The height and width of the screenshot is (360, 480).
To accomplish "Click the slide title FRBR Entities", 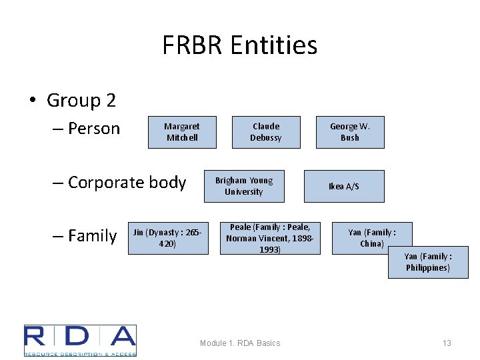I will pyautogui.click(x=240, y=45).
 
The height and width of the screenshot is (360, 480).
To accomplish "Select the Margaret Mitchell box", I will pyautogui.click(x=181, y=132).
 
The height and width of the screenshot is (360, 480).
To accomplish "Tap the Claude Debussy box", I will pyautogui.click(x=266, y=132).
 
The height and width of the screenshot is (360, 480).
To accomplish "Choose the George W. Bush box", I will pyautogui.click(x=350, y=132).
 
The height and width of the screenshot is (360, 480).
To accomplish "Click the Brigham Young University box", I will pyautogui.click(x=244, y=186).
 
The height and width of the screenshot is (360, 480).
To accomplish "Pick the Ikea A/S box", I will pyautogui.click(x=344, y=186).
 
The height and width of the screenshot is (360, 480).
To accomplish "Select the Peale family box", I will pyautogui.click(x=269, y=238).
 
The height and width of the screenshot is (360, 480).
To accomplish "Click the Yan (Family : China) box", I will pyautogui.click(x=372, y=238).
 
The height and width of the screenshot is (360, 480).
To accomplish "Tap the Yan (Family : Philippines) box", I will pyautogui.click(x=428, y=262).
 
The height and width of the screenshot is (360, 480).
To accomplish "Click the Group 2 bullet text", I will pyautogui.click(x=81, y=101).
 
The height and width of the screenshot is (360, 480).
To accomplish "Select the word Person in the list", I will pyautogui.click(x=95, y=128).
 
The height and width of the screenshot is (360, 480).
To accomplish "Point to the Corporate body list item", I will pyautogui.click(x=127, y=182).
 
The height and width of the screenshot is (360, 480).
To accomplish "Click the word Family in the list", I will pyautogui.click(x=92, y=235).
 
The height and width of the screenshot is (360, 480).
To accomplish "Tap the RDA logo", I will pyautogui.click(x=80, y=340).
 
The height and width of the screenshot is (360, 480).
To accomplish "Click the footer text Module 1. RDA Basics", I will pyautogui.click(x=240, y=343).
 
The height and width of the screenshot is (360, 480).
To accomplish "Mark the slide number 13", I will pyautogui.click(x=447, y=343).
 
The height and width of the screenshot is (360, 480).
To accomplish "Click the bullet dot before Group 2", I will pyautogui.click(x=32, y=101).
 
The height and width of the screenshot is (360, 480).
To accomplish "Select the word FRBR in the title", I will pyautogui.click(x=192, y=45).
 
